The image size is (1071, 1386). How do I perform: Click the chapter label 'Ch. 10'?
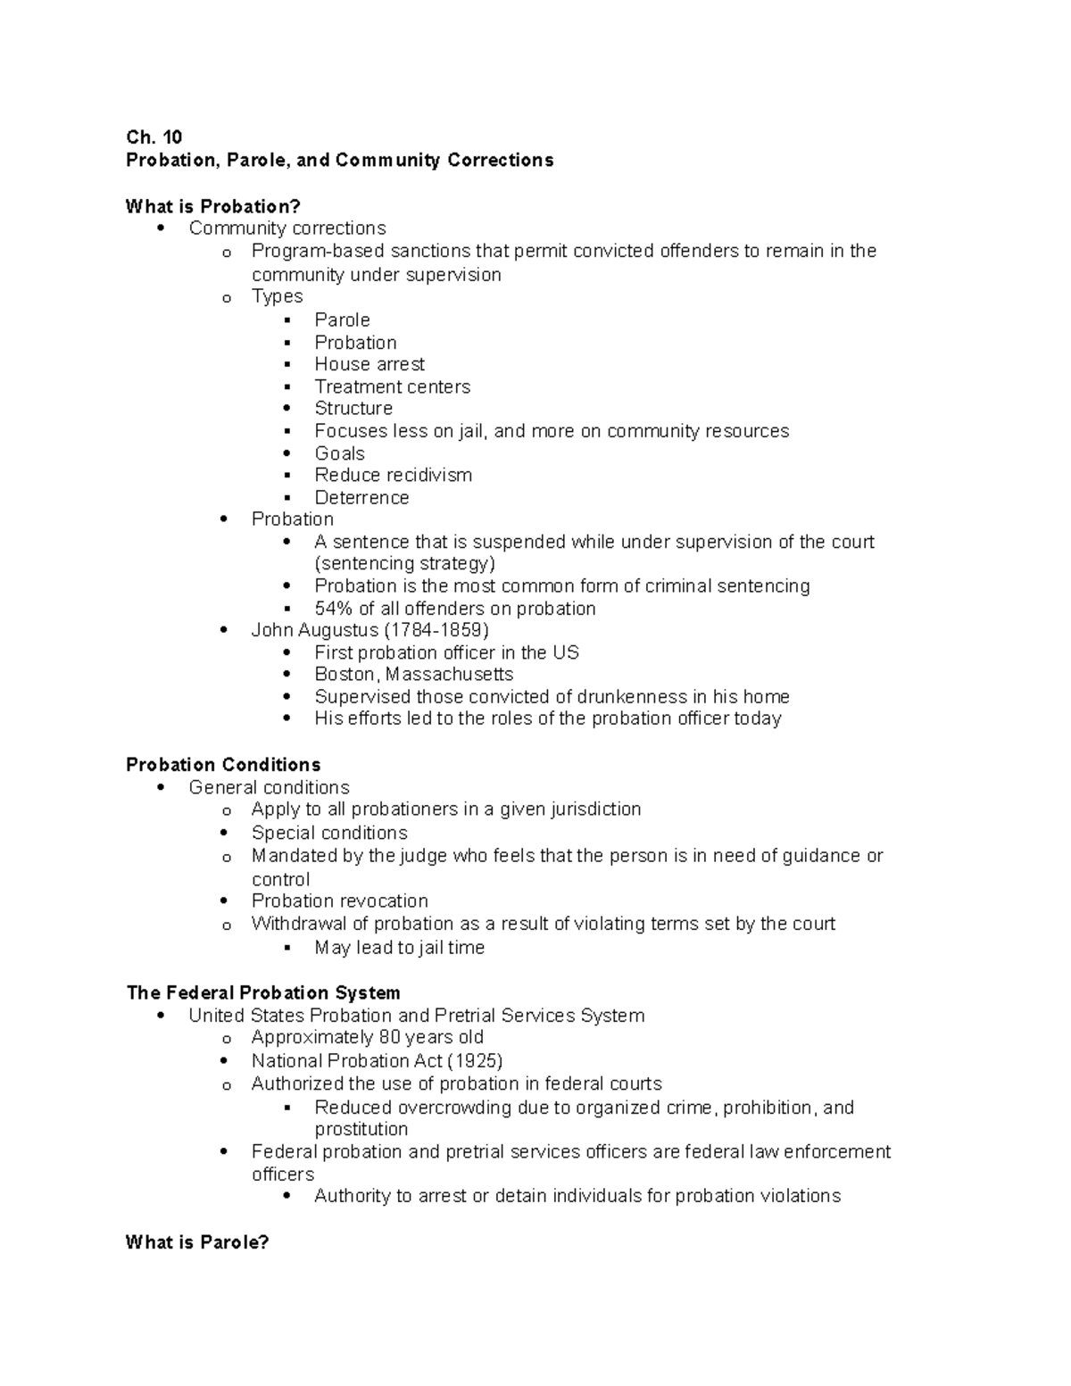tap(154, 137)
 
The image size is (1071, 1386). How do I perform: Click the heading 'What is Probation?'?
tap(213, 206)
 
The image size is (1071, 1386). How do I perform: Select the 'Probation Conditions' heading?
tap(223, 765)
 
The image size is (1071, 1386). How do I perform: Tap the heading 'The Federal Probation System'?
tap(263, 992)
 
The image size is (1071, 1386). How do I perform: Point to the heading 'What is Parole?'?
tap(197, 1242)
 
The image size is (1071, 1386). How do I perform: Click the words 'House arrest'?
tap(369, 364)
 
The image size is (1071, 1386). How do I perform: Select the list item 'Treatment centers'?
tap(392, 386)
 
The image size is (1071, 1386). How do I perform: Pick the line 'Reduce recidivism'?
tap(393, 475)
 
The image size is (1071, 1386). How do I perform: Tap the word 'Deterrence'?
tap(361, 498)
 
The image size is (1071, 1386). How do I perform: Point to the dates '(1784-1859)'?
tap(436, 630)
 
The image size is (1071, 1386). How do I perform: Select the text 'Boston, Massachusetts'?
tap(413, 674)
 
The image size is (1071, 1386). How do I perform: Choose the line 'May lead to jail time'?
tap(399, 948)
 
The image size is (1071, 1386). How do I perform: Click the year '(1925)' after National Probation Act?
tap(475, 1061)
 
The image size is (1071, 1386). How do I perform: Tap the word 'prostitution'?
tap(361, 1129)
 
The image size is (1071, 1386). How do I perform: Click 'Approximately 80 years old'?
tap(367, 1037)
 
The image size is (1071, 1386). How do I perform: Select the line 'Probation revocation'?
tap(339, 900)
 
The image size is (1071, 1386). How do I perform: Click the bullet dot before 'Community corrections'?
tap(161, 228)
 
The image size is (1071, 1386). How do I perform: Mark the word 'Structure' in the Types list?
tap(353, 408)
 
